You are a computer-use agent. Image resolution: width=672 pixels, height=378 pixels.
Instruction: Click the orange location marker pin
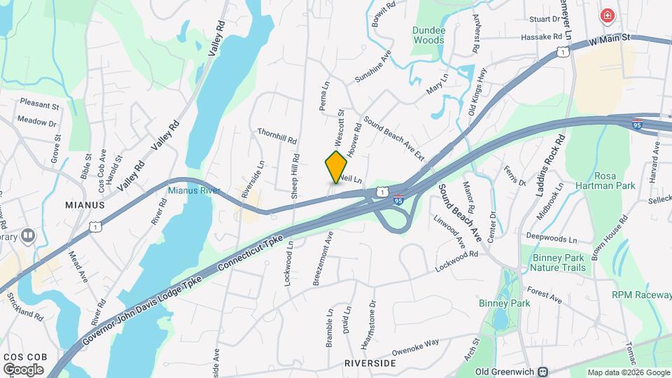tap(336, 167)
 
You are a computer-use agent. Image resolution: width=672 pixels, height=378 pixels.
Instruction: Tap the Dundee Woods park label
tap(428, 35)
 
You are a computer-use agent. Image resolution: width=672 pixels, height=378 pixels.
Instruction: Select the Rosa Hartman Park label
tap(614, 181)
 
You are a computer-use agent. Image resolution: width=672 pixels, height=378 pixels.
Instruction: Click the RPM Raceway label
tap(641, 295)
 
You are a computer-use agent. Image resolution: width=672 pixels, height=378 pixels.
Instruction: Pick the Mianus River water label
tap(194, 190)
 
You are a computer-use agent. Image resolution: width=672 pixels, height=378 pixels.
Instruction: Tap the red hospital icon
tap(607, 15)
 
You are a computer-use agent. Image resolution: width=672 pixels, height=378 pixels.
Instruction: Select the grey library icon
tap(28, 235)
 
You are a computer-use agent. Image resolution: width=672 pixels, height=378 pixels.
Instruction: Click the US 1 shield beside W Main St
tap(561, 52)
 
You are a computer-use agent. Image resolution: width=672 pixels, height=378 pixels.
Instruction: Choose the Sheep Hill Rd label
tap(295, 176)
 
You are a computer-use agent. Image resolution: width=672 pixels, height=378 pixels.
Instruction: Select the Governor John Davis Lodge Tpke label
tap(142, 308)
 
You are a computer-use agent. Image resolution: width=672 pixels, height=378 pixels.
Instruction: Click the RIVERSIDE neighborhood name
tap(370, 363)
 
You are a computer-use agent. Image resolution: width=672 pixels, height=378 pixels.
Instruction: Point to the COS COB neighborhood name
tap(24, 356)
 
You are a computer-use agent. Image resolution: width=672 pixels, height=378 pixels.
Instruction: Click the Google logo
tap(23, 369)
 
